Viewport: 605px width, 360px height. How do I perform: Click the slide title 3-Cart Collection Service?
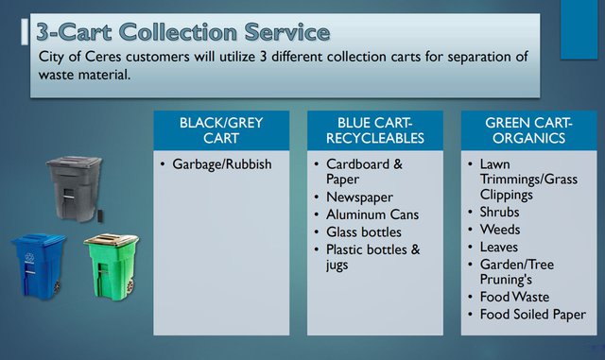[183, 31]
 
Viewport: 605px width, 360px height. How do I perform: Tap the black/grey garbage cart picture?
[73, 188]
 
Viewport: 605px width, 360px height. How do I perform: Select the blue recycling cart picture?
[39, 264]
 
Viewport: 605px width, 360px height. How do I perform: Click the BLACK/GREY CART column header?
[221, 130]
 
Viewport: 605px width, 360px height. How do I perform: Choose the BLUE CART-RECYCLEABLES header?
[373, 130]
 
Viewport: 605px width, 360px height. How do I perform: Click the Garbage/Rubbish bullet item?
[221, 164]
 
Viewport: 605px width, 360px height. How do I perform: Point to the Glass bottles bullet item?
[364, 231]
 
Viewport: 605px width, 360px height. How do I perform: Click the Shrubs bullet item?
[499, 213]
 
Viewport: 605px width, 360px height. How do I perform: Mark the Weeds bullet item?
[499, 230]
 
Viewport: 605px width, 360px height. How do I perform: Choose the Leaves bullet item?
[498, 247]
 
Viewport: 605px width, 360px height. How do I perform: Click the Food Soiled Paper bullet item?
[532, 314]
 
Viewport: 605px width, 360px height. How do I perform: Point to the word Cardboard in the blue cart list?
[358, 164]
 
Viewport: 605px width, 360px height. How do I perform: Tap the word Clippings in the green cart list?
[507, 195]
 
